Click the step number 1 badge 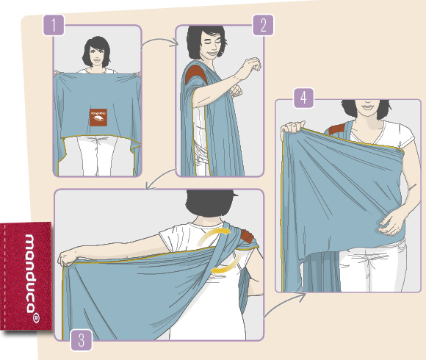pyautogui.click(x=54, y=25)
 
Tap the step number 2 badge pyautogui.click(x=263, y=25)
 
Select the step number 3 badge pyautogui.click(x=82, y=340)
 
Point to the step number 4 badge pyautogui.click(x=304, y=98)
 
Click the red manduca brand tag pyautogui.click(x=26, y=276)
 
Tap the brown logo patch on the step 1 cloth pyautogui.click(x=98, y=118)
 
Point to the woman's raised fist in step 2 pyautogui.click(x=252, y=65)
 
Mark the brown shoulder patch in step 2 pyautogui.click(x=195, y=74)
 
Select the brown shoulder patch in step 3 pyautogui.click(x=247, y=236)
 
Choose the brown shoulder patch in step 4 pyautogui.click(x=336, y=129)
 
